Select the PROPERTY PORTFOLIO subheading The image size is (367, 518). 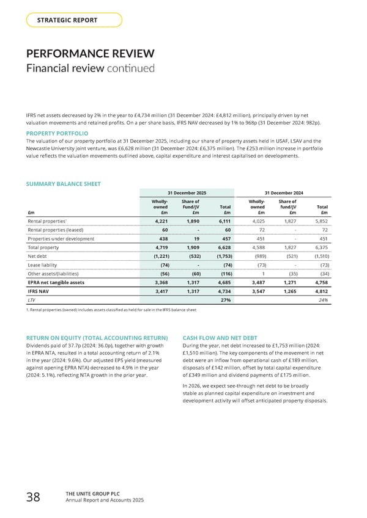[57, 133]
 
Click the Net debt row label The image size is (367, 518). [39, 257]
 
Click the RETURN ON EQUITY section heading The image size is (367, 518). [98, 337]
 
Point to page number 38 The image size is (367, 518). [32, 498]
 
